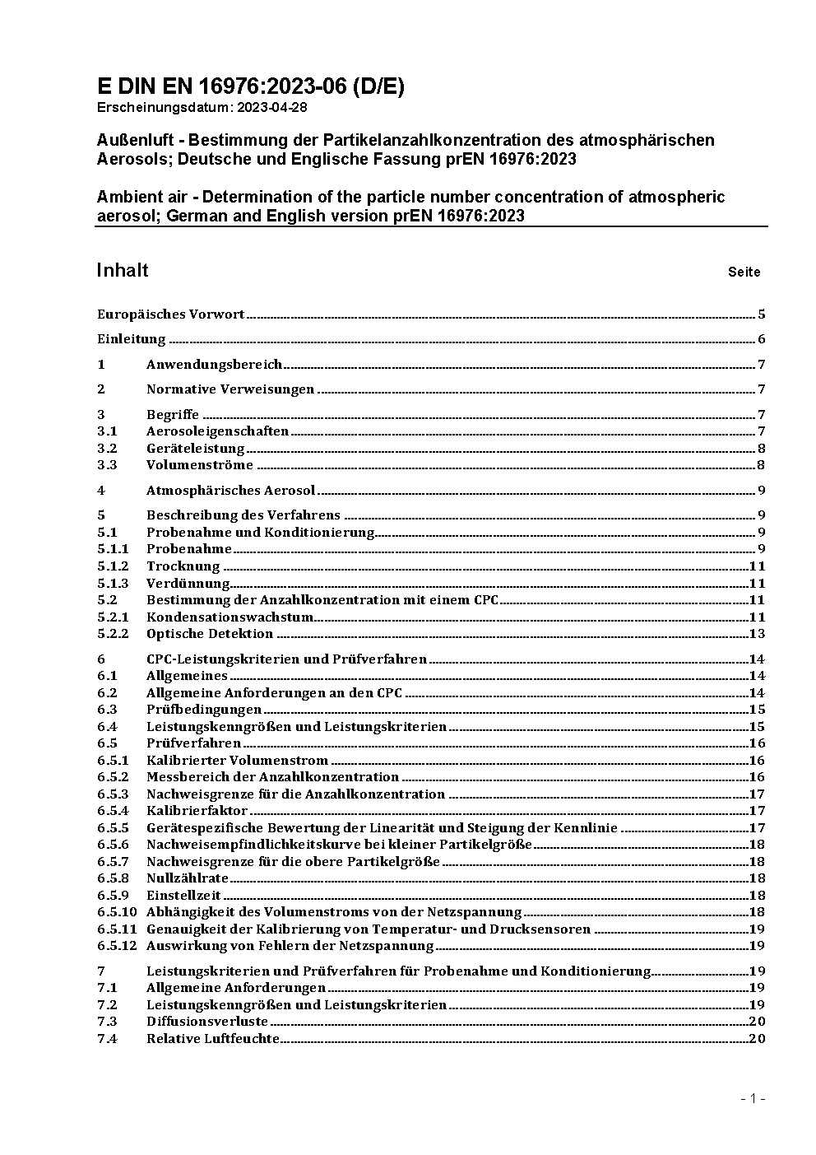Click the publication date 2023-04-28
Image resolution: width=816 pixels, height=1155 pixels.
point(272,108)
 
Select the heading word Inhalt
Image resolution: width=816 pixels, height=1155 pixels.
point(123,270)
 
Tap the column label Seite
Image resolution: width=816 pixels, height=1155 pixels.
point(744,272)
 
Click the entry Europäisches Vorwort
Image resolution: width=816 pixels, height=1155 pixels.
point(171,314)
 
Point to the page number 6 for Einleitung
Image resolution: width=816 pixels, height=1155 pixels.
point(762,339)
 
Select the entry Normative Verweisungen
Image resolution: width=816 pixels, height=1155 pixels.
point(230,389)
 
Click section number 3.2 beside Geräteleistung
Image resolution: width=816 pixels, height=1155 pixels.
point(107,448)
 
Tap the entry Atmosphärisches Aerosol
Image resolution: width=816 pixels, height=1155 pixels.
point(230,491)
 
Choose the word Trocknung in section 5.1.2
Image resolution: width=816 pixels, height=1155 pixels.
point(183,566)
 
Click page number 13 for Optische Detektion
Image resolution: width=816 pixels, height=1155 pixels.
point(757,634)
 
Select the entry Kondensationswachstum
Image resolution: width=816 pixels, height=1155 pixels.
point(229,617)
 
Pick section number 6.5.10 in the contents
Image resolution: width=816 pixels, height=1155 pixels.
point(117,911)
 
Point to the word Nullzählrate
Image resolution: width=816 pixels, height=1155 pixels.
point(188,878)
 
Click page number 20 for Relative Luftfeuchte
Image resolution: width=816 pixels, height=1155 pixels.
point(757,1039)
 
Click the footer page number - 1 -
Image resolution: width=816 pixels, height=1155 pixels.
point(753,1098)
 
